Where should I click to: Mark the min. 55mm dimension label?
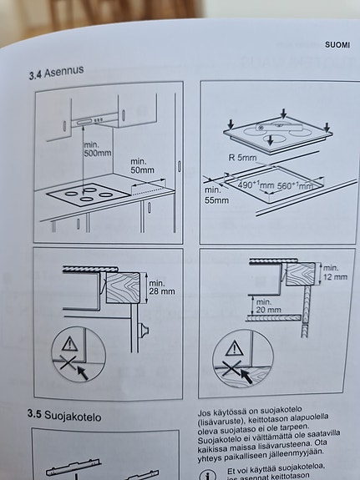(x=217, y=195)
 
